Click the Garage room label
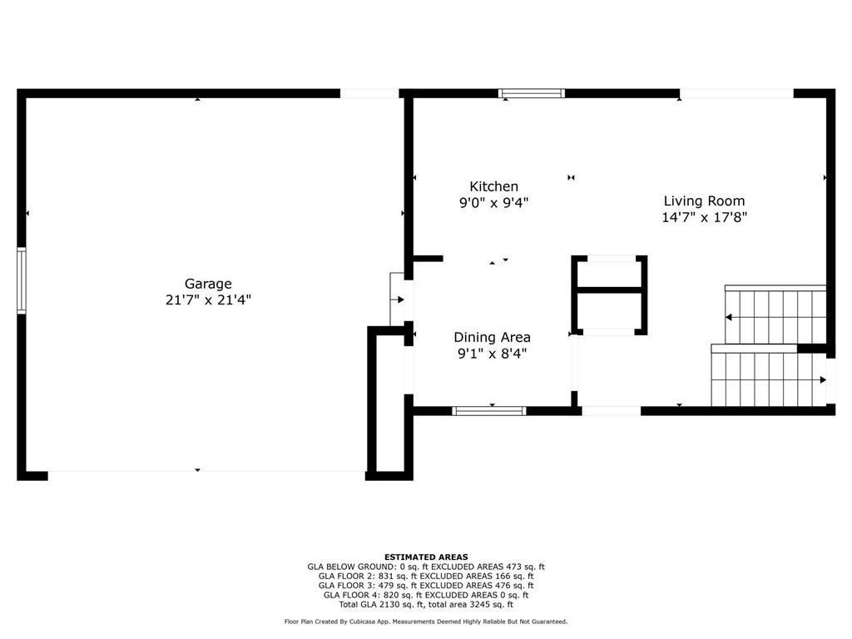208,284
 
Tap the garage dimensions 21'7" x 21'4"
208,300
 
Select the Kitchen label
494,186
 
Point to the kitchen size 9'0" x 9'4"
494,203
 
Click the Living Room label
704,201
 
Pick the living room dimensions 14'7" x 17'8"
704,217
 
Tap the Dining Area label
493,338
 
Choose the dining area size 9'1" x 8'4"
493,354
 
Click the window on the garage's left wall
22,280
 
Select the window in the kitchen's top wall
532,93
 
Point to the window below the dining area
489,411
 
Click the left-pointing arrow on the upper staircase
729,317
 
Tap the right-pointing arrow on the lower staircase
823,379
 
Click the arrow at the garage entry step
400,300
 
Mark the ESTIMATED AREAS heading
426,557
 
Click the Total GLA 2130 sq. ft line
426,604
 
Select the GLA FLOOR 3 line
426,585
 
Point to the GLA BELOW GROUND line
426,567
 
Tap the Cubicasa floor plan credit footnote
426,622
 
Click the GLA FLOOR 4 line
426,595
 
